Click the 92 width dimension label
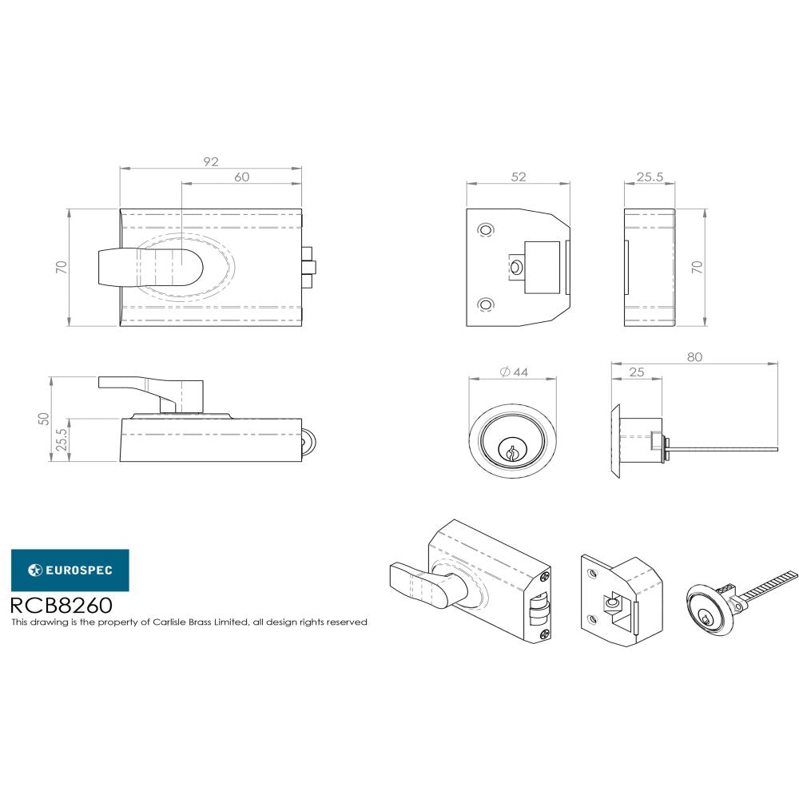(x=211, y=161)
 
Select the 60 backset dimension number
(x=241, y=177)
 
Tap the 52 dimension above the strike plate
(x=519, y=177)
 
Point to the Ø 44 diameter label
(x=514, y=372)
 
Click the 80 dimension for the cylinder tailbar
(x=694, y=357)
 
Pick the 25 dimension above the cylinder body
(x=637, y=372)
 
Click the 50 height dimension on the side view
(x=44, y=419)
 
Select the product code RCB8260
(x=62, y=606)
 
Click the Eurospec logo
(x=70, y=570)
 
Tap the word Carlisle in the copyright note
(x=174, y=622)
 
